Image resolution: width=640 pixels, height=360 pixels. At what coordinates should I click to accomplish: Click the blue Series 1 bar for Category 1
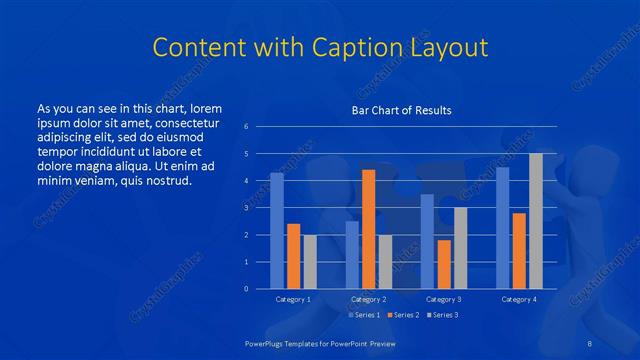[277, 231]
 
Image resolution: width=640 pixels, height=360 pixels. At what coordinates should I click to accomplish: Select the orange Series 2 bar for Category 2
[368, 229]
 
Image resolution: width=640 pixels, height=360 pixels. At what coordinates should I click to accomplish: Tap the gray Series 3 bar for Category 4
[535, 221]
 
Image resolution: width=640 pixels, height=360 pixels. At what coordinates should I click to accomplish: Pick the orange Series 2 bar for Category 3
[444, 264]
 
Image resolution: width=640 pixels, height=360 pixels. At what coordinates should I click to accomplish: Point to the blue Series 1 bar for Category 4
[502, 228]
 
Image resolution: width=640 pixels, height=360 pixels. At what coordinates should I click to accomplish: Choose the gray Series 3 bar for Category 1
[310, 262]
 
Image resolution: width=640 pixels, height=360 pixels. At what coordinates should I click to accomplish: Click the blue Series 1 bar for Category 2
[352, 255]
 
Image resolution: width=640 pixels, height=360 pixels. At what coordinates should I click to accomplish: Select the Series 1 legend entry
[363, 315]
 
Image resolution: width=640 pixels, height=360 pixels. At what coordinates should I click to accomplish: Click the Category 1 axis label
[293, 299]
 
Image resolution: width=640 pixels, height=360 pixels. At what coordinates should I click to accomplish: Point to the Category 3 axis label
[444, 299]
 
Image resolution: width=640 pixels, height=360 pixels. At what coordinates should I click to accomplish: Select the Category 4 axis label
[518, 299]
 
